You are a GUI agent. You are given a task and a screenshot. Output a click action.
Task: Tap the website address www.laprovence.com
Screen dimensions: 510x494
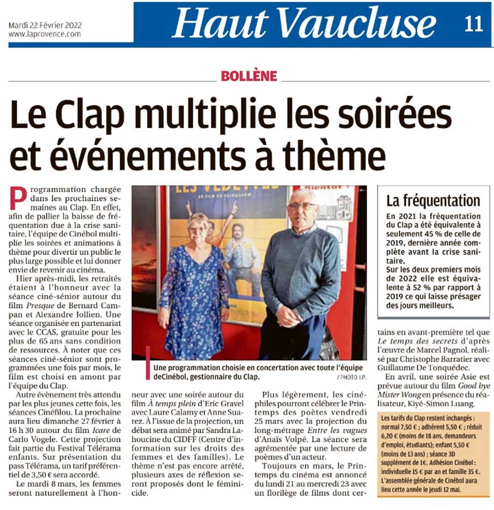tap(45, 34)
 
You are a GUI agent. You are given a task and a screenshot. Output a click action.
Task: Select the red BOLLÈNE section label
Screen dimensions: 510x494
tap(249, 76)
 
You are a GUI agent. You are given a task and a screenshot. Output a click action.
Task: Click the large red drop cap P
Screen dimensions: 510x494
tap(19, 199)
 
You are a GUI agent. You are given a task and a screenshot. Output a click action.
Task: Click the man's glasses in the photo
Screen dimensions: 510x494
tap(302, 206)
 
